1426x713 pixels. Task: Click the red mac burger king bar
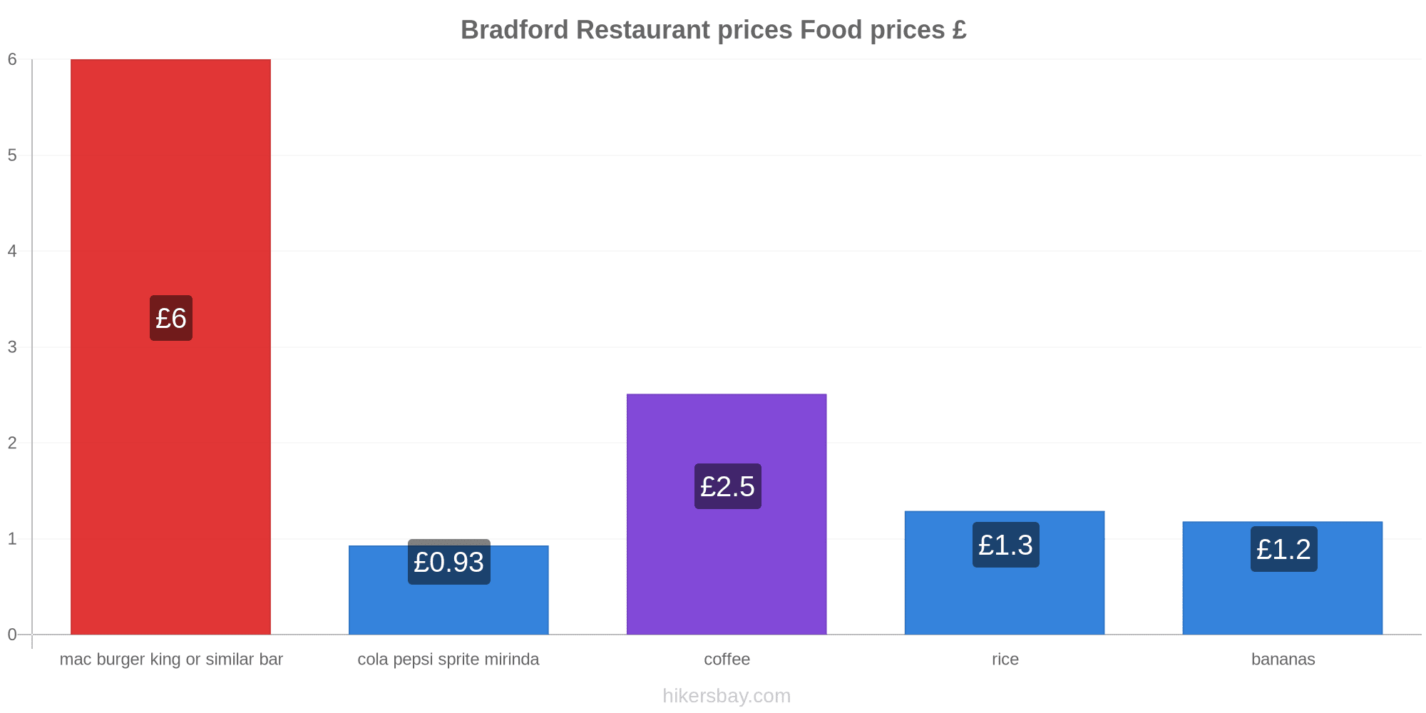pyautogui.click(x=170, y=347)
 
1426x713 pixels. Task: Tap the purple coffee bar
pyautogui.click(x=727, y=514)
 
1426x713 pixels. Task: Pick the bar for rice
pyautogui.click(x=1005, y=573)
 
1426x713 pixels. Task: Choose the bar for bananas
pyautogui.click(x=1283, y=578)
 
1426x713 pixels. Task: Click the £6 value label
pyautogui.click(x=171, y=318)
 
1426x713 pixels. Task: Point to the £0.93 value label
pyautogui.click(x=449, y=562)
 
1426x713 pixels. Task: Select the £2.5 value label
pyautogui.click(x=728, y=486)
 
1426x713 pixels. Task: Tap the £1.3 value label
pyautogui.click(x=1006, y=545)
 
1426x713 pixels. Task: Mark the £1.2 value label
pyautogui.click(x=1284, y=549)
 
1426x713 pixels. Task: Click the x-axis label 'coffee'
pyautogui.click(x=727, y=659)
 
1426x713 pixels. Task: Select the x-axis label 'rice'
pyautogui.click(x=1005, y=659)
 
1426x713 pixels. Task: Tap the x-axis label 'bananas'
pyautogui.click(x=1283, y=659)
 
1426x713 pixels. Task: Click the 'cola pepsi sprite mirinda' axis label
pyautogui.click(x=448, y=659)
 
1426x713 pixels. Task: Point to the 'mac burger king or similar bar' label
pyautogui.click(x=171, y=659)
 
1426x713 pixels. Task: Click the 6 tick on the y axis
pyautogui.click(x=12, y=59)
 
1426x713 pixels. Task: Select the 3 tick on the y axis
pyautogui.click(x=12, y=347)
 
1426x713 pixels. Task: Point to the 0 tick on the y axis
pyautogui.click(x=12, y=635)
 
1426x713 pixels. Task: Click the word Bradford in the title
pyautogui.click(x=515, y=30)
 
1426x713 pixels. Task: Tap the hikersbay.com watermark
pyautogui.click(x=727, y=695)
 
